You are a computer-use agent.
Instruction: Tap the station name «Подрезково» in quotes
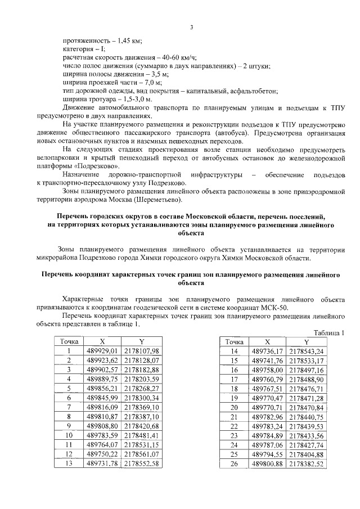coord(96,166)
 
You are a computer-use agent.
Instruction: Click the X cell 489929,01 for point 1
coord(103,351)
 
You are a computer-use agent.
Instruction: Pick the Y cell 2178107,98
coord(142,351)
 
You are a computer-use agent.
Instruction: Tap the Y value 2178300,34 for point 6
coord(142,398)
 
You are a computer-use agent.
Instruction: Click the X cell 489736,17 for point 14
coord(268,351)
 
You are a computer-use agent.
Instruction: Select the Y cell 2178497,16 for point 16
coord(307,370)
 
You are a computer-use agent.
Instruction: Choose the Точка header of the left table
coord(68,341)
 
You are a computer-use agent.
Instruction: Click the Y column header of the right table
coord(307,341)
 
